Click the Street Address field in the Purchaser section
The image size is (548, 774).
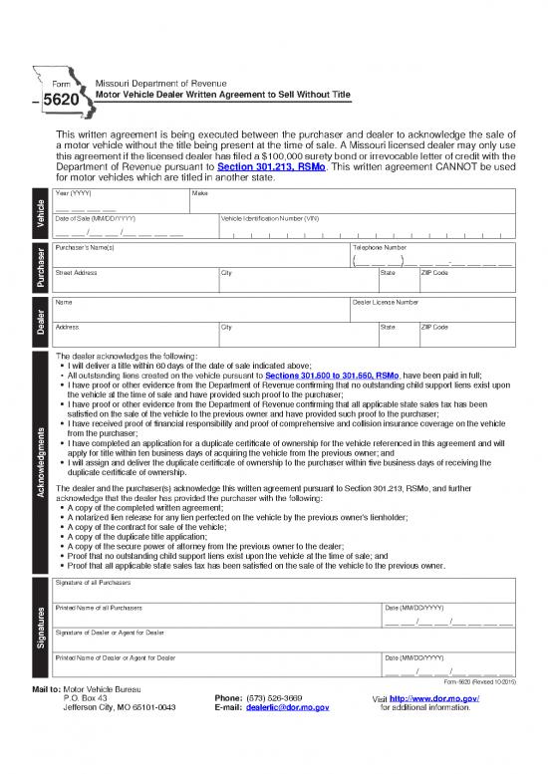[135, 282]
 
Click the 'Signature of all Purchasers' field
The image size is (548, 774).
[284, 589]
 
